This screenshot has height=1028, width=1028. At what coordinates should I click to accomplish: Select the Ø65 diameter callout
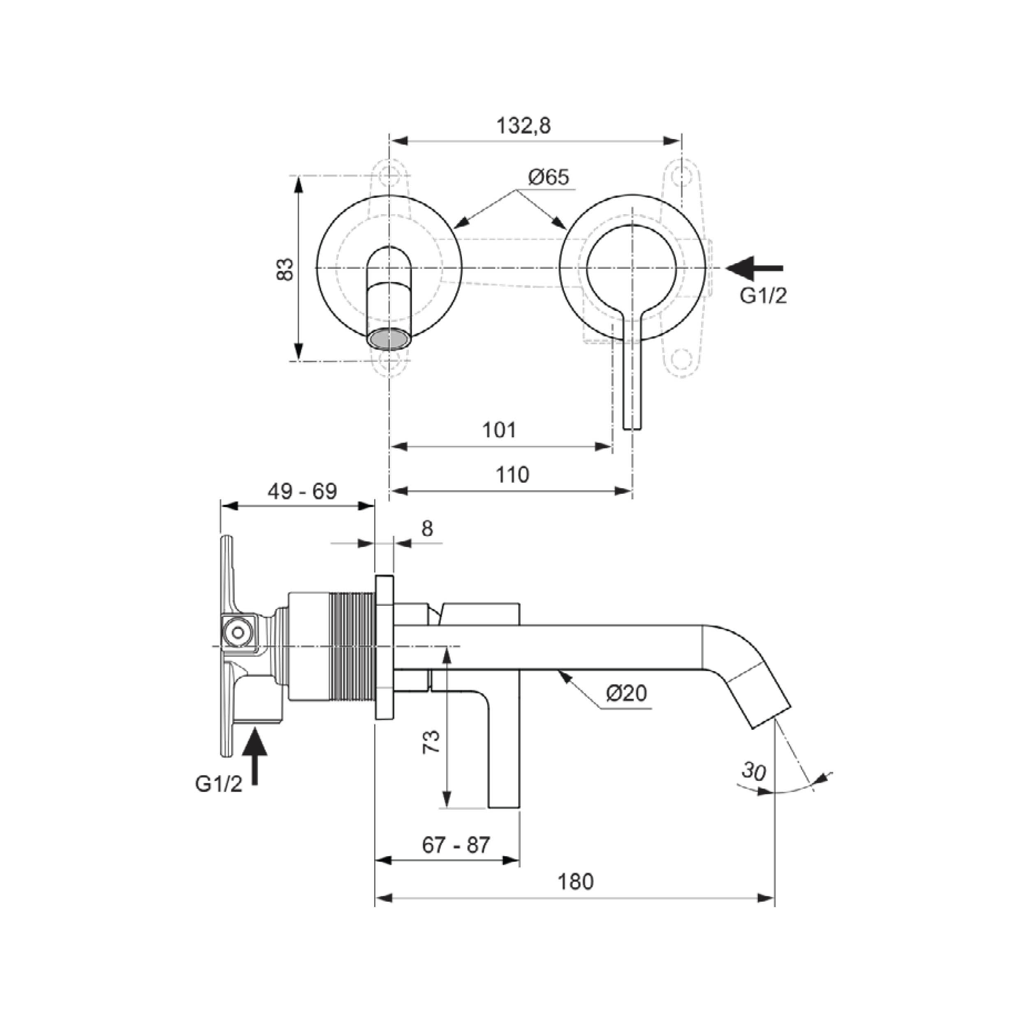[549, 177]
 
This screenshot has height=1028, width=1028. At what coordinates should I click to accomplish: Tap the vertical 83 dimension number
[285, 269]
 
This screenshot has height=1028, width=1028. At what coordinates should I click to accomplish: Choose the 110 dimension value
[512, 475]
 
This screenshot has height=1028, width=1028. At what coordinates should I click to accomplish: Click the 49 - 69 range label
[302, 492]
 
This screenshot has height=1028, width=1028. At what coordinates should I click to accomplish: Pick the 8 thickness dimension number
[427, 528]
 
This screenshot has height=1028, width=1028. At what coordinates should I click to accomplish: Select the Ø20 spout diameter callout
[627, 693]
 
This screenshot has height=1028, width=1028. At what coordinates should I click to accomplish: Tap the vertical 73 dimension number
[431, 741]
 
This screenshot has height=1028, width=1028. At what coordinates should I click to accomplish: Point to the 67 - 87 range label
[456, 845]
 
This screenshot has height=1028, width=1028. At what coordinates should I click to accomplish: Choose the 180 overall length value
[575, 882]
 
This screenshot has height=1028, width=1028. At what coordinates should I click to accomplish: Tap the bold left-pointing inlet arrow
[754, 268]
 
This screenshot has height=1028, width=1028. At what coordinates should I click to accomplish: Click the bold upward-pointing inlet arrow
[255, 755]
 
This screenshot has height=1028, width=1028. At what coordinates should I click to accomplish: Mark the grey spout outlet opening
[389, 339]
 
